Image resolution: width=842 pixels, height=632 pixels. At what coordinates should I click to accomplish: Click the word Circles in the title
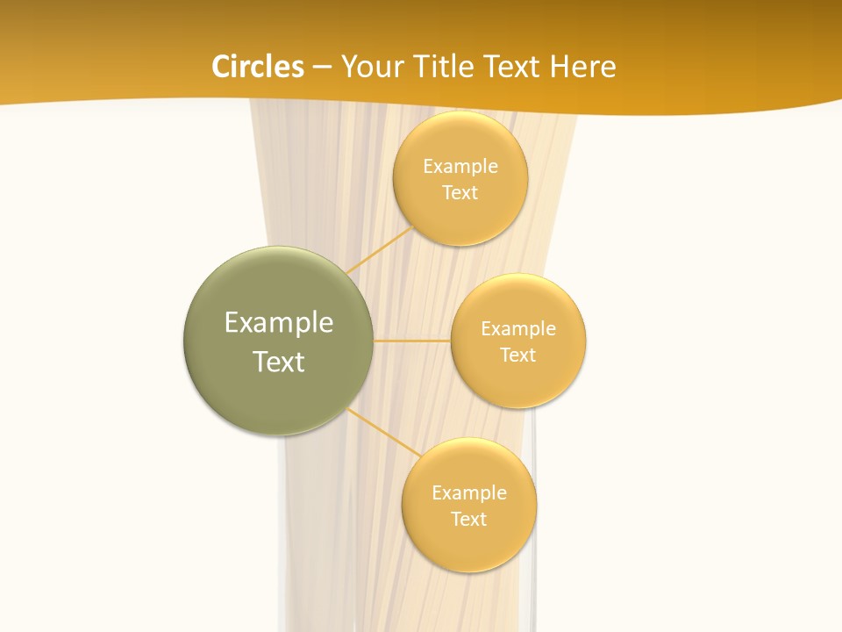click(258, 67)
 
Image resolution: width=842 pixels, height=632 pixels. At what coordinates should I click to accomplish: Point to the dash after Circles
click(322, 68)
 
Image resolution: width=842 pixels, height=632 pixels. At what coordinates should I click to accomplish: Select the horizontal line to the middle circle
click(412, 341)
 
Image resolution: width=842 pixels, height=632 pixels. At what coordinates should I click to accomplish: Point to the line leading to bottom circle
click(384, 431)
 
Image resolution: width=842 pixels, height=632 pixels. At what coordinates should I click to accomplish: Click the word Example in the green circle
click(279, 323)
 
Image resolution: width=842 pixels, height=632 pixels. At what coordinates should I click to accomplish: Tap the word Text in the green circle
click(279, 362)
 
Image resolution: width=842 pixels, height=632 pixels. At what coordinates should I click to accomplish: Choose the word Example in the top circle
click(460, 167)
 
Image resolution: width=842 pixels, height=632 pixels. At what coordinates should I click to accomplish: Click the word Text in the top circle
click(460, 193)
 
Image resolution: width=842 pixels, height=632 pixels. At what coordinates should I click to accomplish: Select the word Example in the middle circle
click(518, 329)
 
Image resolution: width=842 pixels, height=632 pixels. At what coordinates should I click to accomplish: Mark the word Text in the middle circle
click(518, 355)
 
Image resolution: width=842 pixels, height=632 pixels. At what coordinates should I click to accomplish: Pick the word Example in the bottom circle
click(469, 493)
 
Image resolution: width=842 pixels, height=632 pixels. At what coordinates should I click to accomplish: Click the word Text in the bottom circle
click(469, 520)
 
